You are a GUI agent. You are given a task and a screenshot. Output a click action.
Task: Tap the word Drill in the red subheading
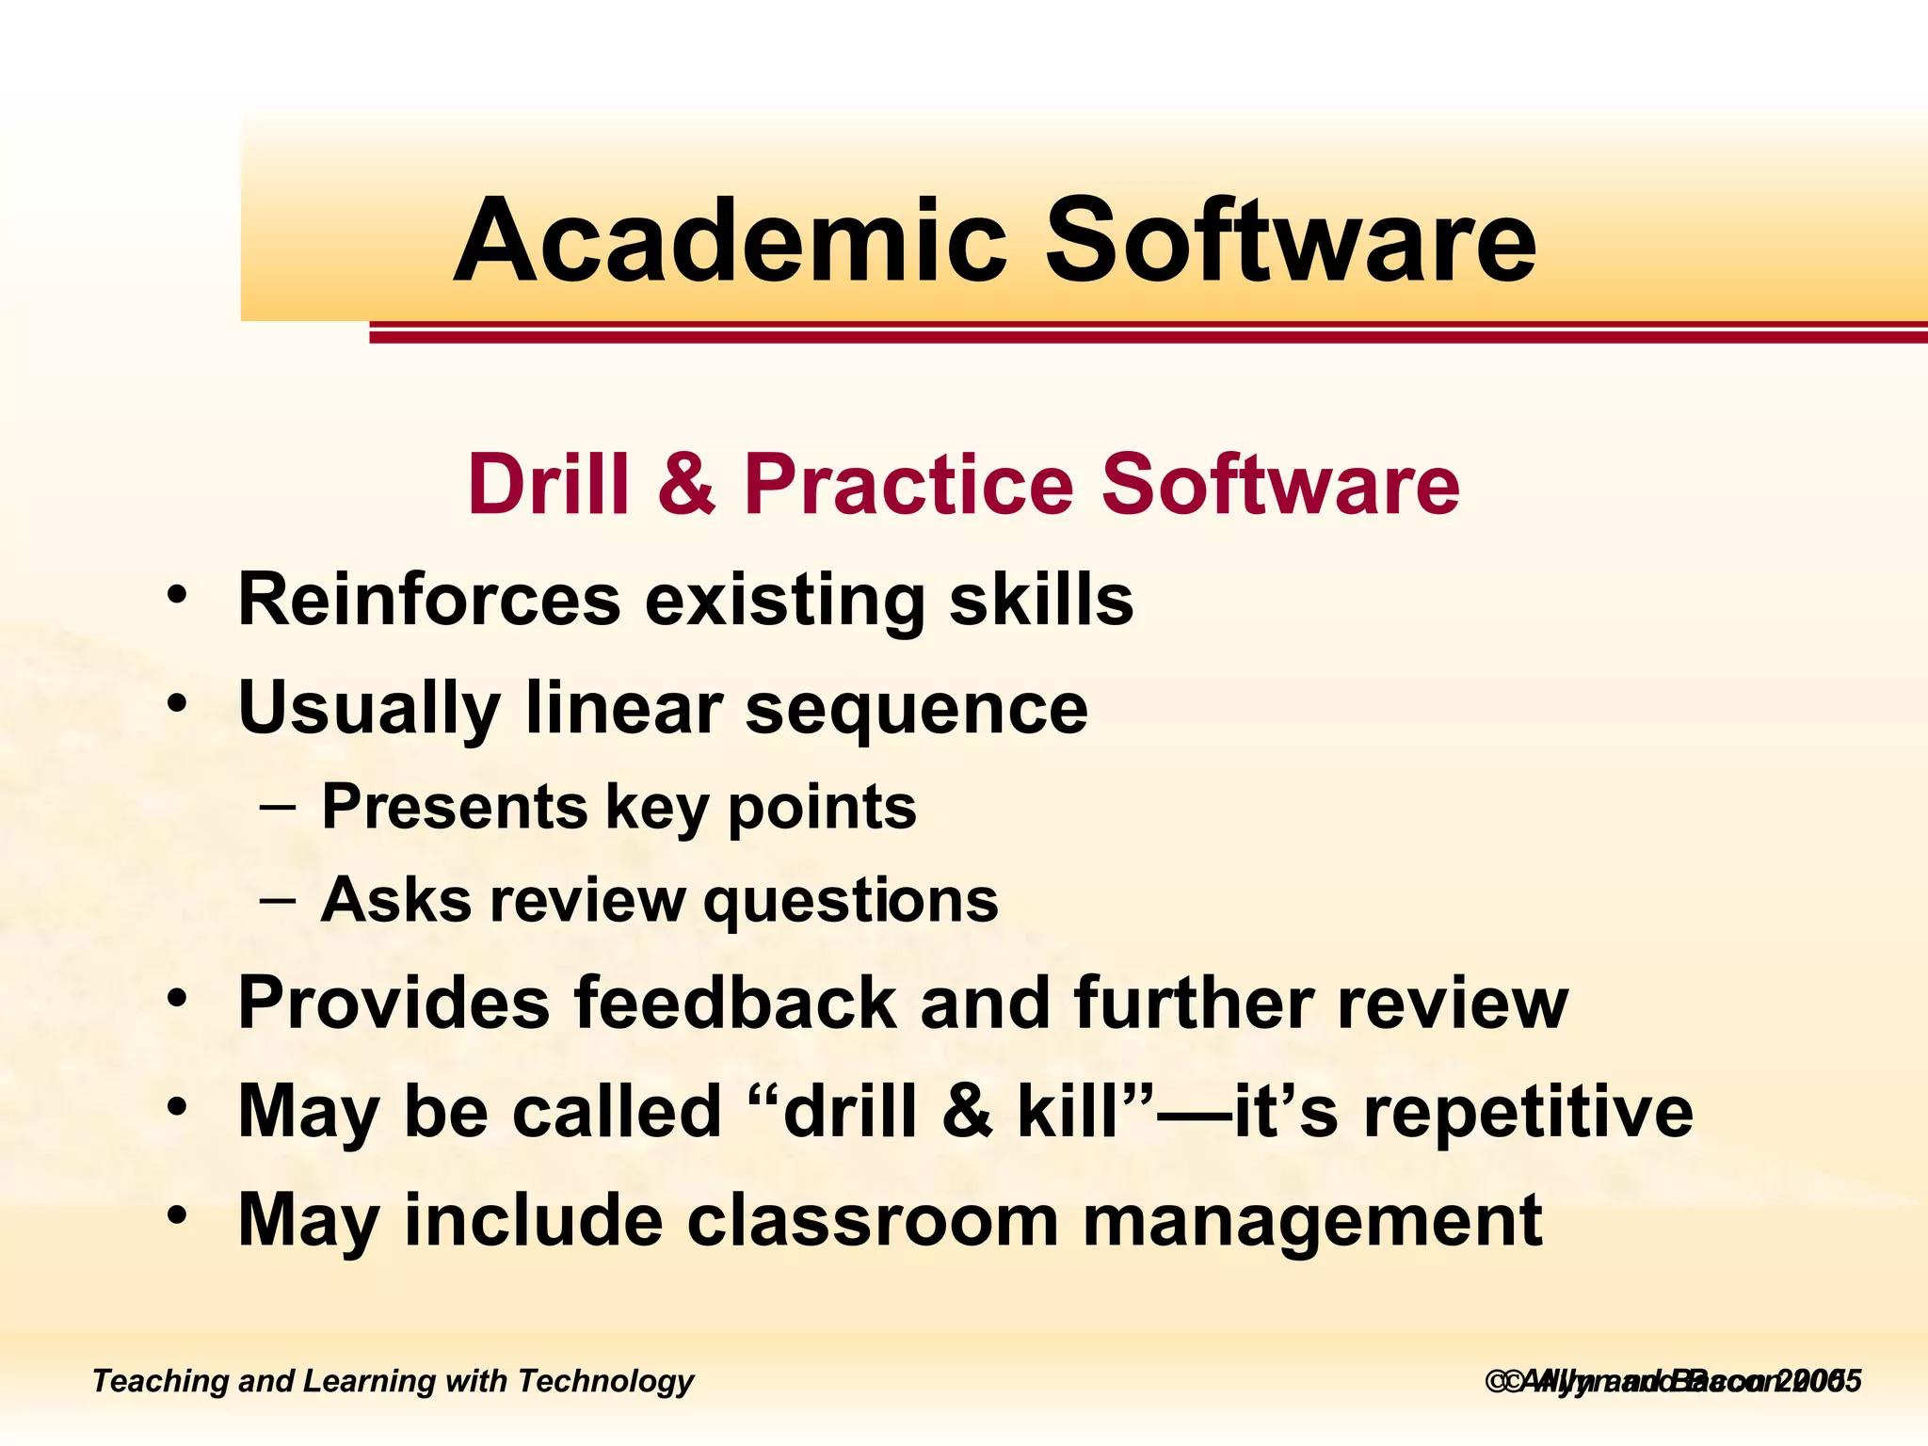point(548,485)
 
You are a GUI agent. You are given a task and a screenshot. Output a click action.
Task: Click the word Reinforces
point(429,599)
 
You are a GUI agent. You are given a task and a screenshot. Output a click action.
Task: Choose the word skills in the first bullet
point(1041,599)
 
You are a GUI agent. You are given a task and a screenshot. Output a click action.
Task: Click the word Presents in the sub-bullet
point(455,807)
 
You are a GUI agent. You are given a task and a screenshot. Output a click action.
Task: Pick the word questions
point(851,902)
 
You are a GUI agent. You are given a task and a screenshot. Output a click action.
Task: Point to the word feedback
point(735,1003)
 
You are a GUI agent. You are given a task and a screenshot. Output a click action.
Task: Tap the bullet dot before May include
point(177,1216)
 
